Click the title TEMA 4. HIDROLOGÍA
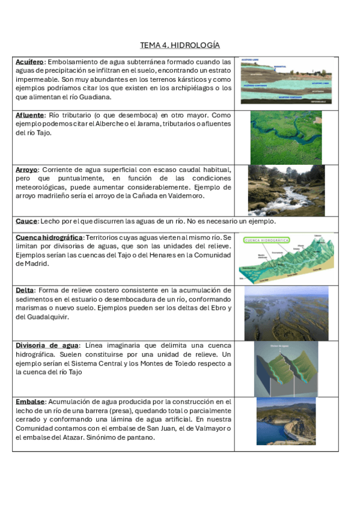coord(180,45)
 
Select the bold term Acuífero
coord(29,62)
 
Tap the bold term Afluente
coord(30,115)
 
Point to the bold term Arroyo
coord(27,170)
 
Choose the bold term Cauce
coord(26,221)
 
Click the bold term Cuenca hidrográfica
coord(49,238)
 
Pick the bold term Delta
coord(25,290)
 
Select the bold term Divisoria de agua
coord(47,345)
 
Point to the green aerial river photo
coord(285,137)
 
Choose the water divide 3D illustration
coord(285,368)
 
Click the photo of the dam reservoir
coord(285,423)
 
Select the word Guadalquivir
coord(47,317)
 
